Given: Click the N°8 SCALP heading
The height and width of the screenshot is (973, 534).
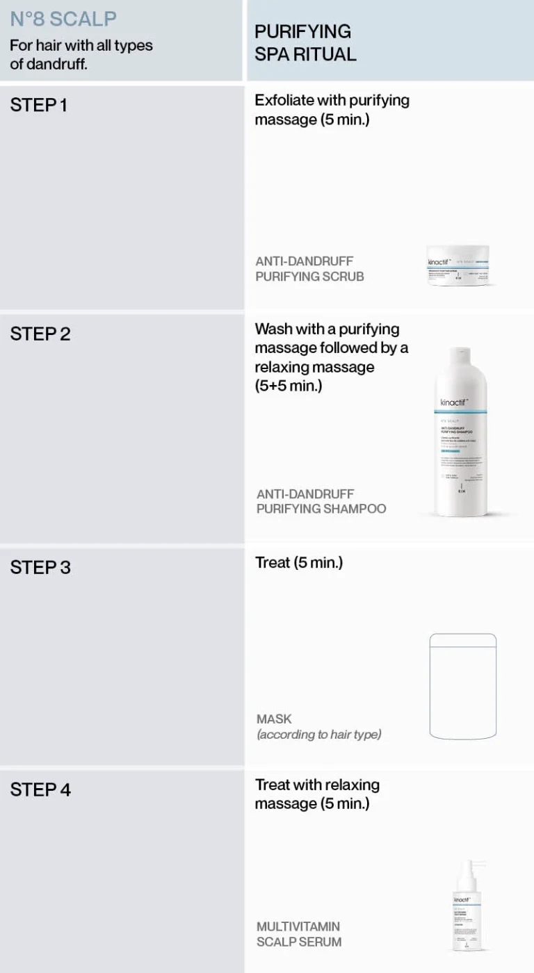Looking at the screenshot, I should [x=63, y=19].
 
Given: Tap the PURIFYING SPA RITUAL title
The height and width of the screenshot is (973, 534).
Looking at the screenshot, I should [x=305, y=42].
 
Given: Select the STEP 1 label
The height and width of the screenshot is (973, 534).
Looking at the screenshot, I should [x=39, y=106].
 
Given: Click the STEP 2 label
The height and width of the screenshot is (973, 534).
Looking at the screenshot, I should [x=40, y=334].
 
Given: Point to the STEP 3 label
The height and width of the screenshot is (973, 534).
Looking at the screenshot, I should [x=40, y=567].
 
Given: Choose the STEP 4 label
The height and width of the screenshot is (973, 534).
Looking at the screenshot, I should [x=40, y=790].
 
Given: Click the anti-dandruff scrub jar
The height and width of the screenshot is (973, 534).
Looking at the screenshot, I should [x=461, y=266].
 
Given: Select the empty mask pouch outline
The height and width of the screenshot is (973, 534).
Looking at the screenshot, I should [x=463, y=686].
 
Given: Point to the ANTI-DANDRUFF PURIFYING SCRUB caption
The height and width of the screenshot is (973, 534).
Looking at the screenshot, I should [x=309, y=269].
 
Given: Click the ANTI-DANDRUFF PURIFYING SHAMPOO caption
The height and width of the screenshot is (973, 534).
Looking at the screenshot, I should [x=321, y=501].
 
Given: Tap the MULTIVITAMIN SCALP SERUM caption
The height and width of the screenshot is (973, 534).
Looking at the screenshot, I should [x=299, y=934].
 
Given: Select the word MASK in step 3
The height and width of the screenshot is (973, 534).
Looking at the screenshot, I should [x=274, y=719].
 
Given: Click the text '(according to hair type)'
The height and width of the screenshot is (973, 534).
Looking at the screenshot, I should [x=319, y=735].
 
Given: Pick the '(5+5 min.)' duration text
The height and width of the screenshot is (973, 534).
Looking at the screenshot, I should [x=289, y=386].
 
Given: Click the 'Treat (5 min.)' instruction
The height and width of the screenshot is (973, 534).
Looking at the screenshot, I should [x=299, y=562].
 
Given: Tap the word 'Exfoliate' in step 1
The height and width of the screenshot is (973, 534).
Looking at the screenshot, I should [x=284, y=100].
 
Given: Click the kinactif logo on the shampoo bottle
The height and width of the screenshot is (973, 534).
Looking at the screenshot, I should [x=454, y=402].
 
